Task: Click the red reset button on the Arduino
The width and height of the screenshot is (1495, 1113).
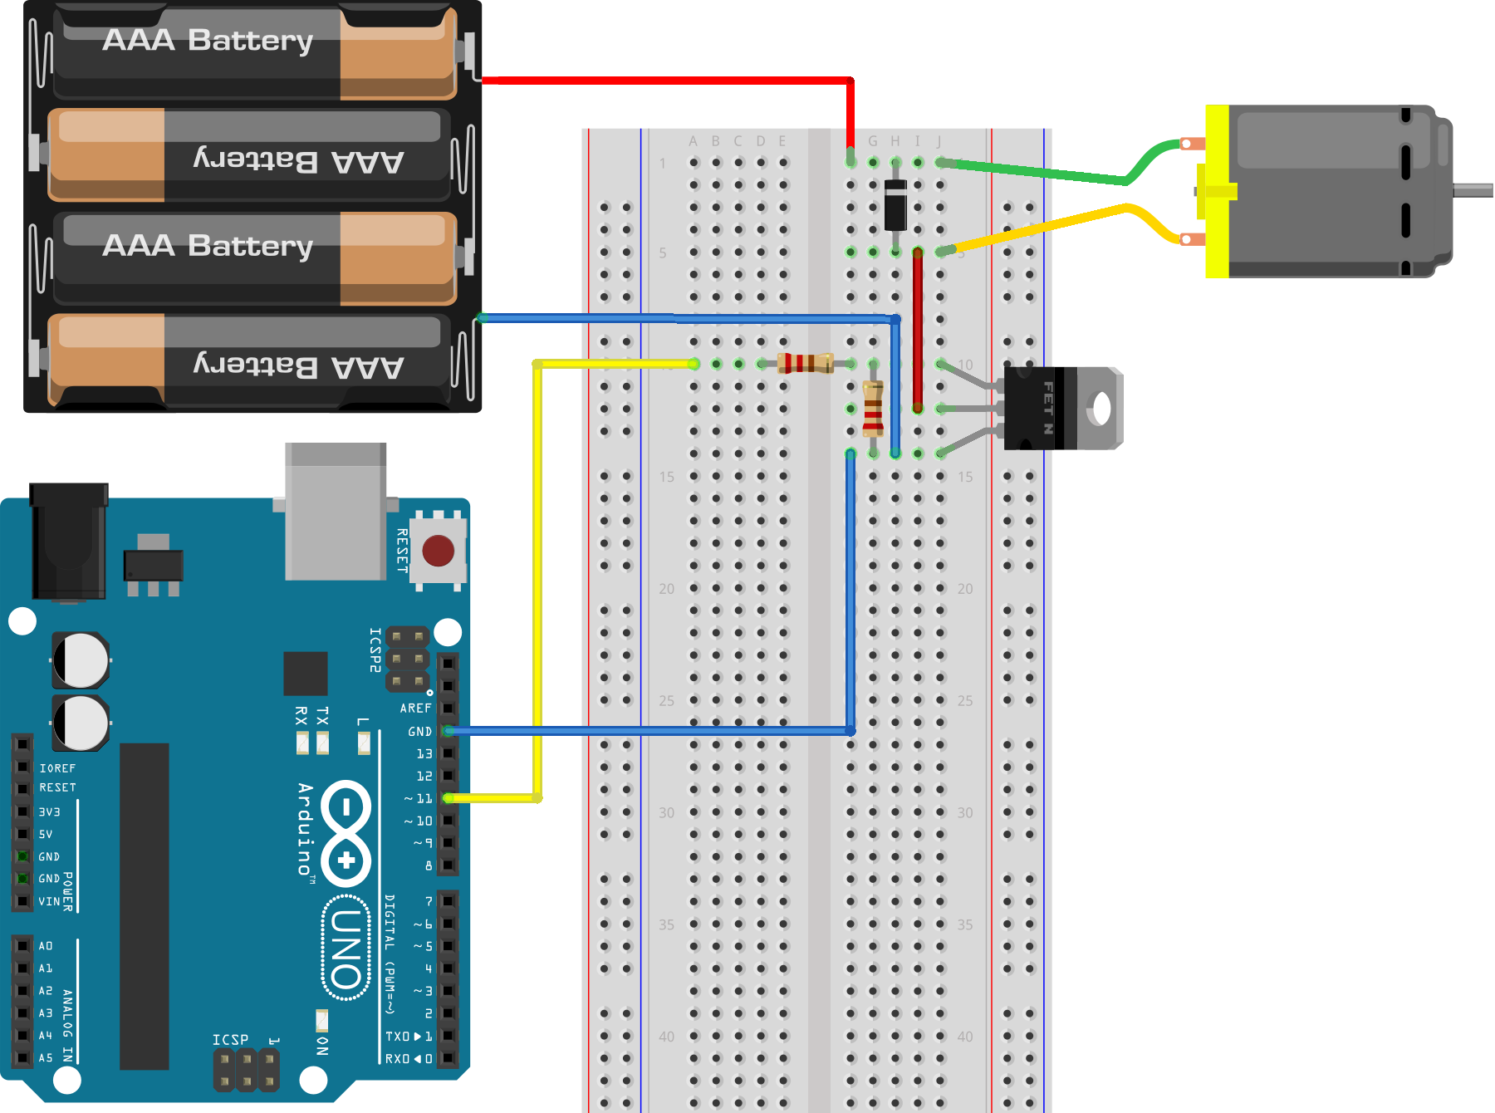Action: [x=438, y=550]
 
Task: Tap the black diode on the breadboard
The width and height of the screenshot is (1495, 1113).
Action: [x=895, y=204]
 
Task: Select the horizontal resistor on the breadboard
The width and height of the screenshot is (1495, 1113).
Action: [x=805, y=363]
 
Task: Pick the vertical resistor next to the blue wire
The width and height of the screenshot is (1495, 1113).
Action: [x=872, y=409]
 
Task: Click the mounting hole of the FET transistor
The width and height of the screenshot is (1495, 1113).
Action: [x=1101, y=408]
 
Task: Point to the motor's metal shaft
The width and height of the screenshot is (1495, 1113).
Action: [x=1473, y=191]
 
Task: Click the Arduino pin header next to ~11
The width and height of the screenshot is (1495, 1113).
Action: [x=448, y=798]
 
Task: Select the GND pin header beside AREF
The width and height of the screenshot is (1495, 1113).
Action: [x=448, y=731]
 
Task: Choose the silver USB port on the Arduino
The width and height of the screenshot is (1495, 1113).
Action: [x=336, y=511]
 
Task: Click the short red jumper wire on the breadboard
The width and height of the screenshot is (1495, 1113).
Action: [x=918, y=330]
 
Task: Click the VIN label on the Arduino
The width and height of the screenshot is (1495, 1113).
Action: [x=49, y=901]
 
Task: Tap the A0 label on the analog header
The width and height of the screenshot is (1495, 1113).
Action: [x=46, y=946]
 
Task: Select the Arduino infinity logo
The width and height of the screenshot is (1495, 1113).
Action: [x=346, y=833]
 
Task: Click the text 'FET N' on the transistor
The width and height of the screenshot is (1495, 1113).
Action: [x=1047, y=408]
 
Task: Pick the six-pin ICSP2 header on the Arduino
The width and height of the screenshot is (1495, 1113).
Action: [x=407, y=659]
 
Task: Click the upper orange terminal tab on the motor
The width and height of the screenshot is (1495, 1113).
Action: [x=1192, y=144]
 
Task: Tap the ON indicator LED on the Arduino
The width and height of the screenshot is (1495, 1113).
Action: [x=321, y=1019]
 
